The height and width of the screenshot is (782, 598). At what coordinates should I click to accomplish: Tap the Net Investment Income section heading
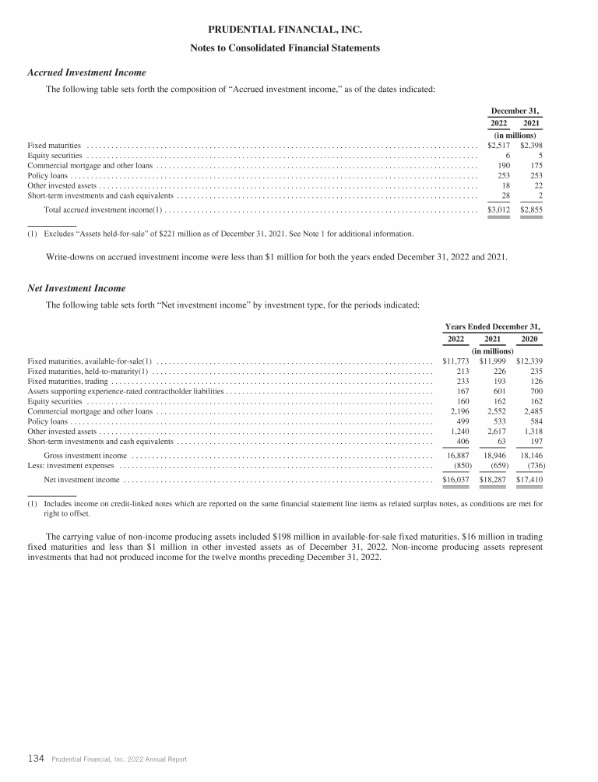(76, 288)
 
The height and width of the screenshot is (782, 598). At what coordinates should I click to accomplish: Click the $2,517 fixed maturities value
(498, 145)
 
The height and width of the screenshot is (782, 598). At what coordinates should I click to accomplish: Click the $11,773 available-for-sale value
(456, 361)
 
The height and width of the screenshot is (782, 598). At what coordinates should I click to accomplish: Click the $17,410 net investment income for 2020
(529, 480)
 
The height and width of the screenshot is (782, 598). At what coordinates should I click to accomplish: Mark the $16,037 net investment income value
(456, 480)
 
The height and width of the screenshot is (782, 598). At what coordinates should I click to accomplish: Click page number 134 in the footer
(36, 758)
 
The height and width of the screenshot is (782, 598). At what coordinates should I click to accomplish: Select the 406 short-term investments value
(460, 441)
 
